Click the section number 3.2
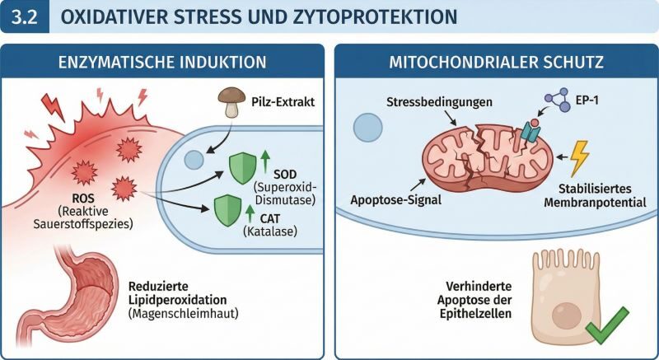coord(24,16)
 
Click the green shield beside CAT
coord(227,209)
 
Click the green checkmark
coord(606,329)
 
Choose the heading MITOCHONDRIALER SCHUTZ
coord(495,61)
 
